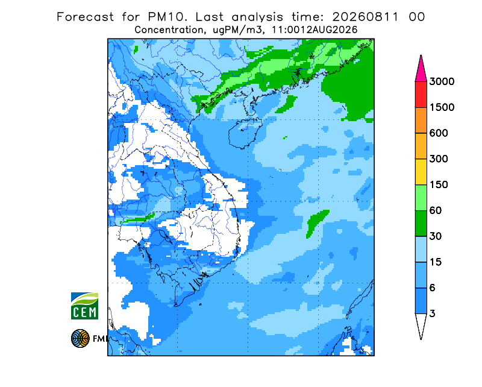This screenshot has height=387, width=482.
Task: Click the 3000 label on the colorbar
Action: coord(442,81)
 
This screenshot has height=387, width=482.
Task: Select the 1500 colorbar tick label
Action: coord(442,107)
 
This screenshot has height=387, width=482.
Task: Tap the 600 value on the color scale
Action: coord(439,133)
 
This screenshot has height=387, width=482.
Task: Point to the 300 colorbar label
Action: coord(439,159)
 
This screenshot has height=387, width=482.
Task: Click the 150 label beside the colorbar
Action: coord(439,185)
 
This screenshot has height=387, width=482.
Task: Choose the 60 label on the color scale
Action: coord(435,211)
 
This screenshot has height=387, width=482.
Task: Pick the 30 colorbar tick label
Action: coord(435,236)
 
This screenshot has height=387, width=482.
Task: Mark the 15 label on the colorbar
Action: coord(435,262)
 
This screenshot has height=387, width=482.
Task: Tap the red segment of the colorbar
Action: coord(421,95)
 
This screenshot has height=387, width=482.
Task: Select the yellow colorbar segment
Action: coord(421,172)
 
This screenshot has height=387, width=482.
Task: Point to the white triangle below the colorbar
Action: coord(421,324)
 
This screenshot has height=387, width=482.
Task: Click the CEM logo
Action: coord(84,306)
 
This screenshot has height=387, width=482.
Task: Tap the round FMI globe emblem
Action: coord(80,338)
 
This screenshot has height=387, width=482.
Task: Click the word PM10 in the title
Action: coord(167,17)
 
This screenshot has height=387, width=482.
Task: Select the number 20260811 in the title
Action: coord(366,17)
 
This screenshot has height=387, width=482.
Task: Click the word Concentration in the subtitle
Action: coord(169,30)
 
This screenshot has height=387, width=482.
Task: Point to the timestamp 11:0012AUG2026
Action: coord(314,30)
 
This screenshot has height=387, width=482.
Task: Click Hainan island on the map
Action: coord(245,134)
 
